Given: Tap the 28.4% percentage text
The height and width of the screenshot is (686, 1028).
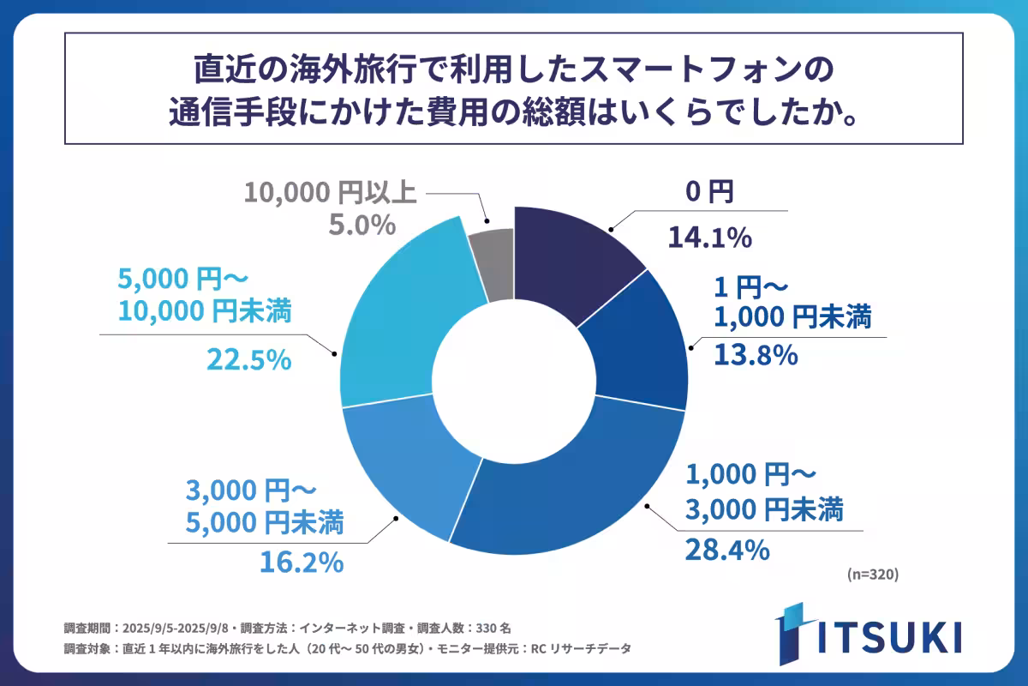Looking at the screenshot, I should tap(725, 549).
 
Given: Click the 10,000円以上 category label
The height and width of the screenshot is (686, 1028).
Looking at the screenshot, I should tap(331, 191).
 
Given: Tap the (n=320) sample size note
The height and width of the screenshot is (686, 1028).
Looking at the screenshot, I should tap(870, 575).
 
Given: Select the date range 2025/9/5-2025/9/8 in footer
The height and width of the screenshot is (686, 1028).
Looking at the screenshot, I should tap(179, 627).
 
